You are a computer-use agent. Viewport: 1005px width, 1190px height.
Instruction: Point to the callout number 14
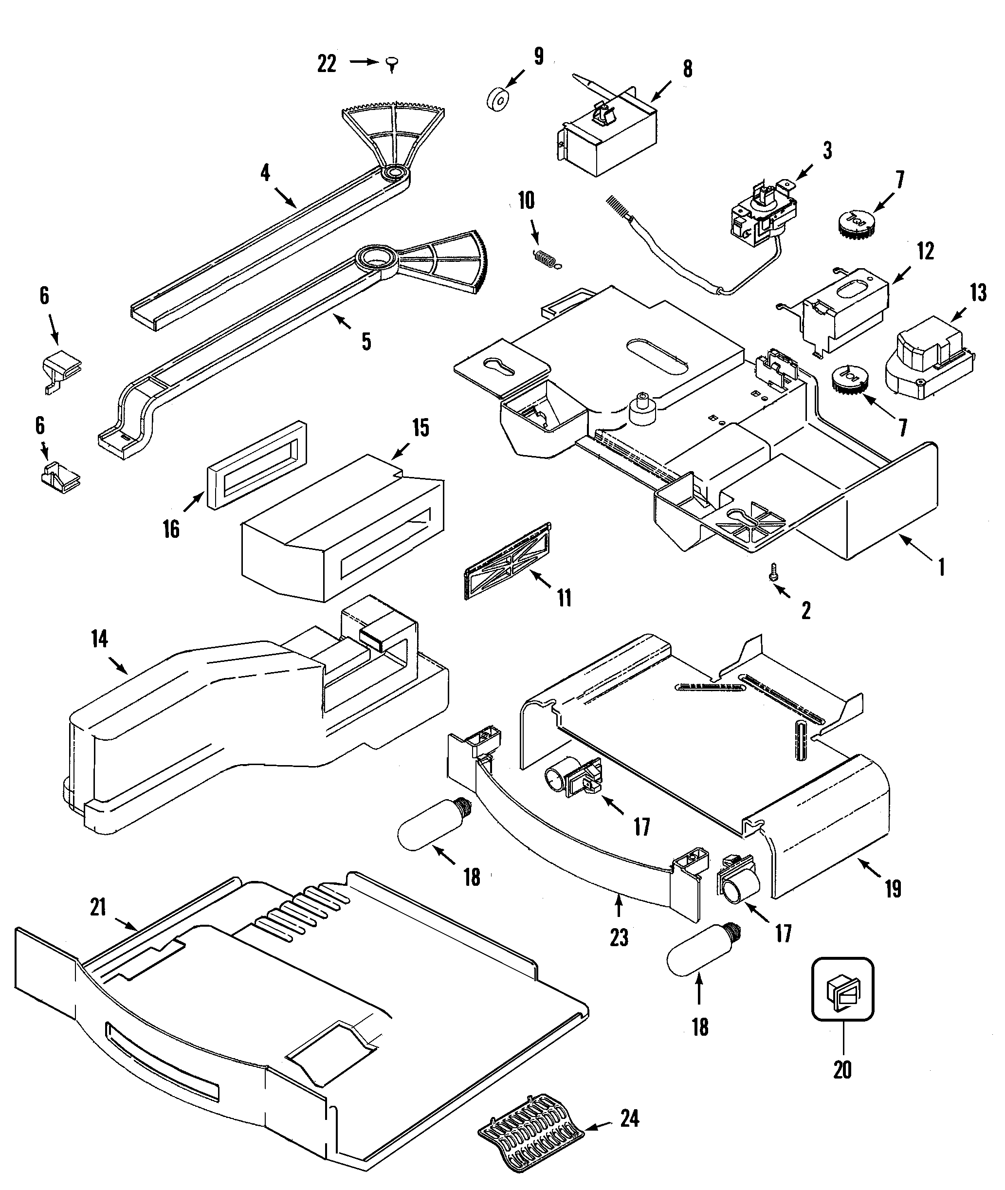pyautogui.click(x=99, y=640)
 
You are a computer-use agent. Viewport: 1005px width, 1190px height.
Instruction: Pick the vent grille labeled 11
pyautogui.click(x=508, y=561)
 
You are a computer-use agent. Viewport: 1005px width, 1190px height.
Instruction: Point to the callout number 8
pyautogui.click(x=687, y=69)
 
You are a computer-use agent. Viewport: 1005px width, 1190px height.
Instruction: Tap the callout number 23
pyautogui.click(x=619, y=937)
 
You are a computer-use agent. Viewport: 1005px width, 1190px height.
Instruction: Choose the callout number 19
pyautogui.click(x=893, y=889)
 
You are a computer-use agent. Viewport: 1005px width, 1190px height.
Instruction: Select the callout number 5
pyautogui.click(x=366, y=341)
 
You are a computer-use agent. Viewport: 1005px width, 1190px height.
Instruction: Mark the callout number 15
pyautogui.click(x=420, y=428)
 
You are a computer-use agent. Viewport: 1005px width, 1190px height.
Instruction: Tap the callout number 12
pyautogui.click(x=925, y=251)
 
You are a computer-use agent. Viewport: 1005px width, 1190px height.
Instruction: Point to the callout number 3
pyautogui.click(x=827, y=151)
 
